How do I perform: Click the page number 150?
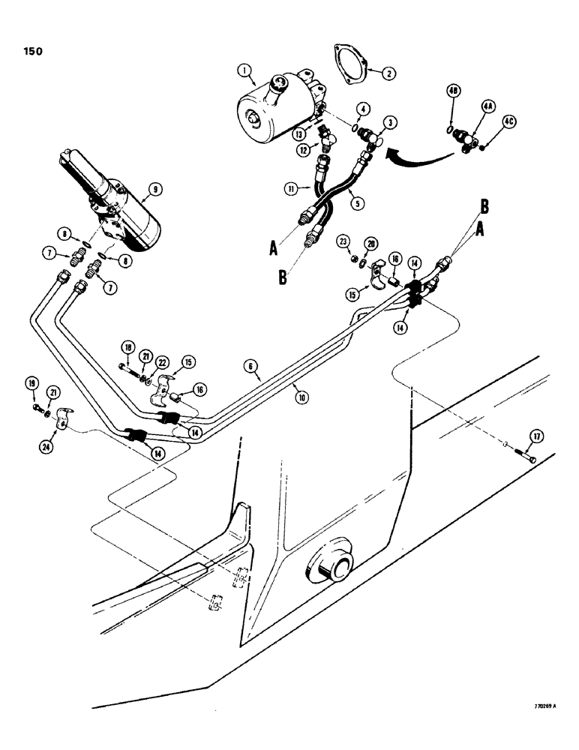coord(31,52)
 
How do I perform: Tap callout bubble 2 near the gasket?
coord(388,73)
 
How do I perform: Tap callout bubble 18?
coord(127,347)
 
